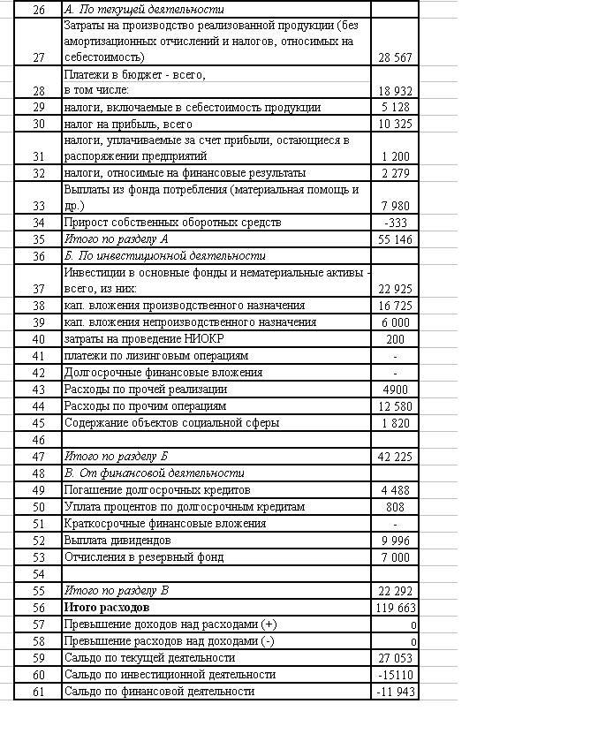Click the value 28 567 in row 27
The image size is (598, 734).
[395, 57]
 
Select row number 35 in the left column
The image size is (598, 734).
[38, 239]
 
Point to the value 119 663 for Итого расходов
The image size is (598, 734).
[395, 608]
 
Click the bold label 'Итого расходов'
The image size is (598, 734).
[107, 608]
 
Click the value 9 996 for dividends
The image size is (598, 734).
[395, 541]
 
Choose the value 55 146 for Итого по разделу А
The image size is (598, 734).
[395, 239]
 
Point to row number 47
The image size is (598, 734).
[38, 457]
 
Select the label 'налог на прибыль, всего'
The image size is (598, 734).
[128, 125]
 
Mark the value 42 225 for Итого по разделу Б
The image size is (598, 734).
[395, 457]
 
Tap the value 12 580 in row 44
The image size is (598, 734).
[395, 406]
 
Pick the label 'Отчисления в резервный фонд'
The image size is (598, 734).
[144, 557]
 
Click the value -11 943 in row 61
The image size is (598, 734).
[395, 692]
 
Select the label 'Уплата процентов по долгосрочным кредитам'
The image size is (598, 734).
[184, 507]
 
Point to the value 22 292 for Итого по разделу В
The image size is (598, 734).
[395, 591]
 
